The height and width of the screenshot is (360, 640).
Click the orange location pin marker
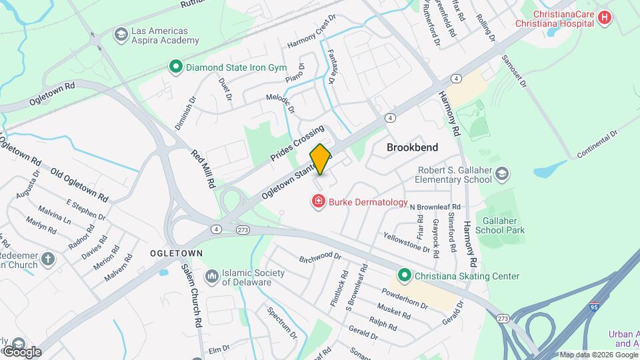click(320, 159)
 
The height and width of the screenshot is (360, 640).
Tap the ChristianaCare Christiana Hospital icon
click(605, 17)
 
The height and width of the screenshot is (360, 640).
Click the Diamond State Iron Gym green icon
click(175, 67)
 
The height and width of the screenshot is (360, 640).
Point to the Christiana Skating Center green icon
click(403, 275)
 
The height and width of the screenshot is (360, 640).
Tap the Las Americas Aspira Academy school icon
click(121, 34)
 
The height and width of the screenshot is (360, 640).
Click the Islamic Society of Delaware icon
click(211, 275)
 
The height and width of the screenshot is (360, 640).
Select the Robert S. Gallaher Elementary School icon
click(501, 174)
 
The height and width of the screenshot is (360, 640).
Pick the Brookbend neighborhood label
click(411, 147)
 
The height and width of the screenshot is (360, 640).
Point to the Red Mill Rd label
click(203, 168)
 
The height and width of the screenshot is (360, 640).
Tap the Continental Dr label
click(598, 143)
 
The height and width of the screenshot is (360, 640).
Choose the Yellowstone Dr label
click(407, 242)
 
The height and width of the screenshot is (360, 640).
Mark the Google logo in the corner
click(22, 351)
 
